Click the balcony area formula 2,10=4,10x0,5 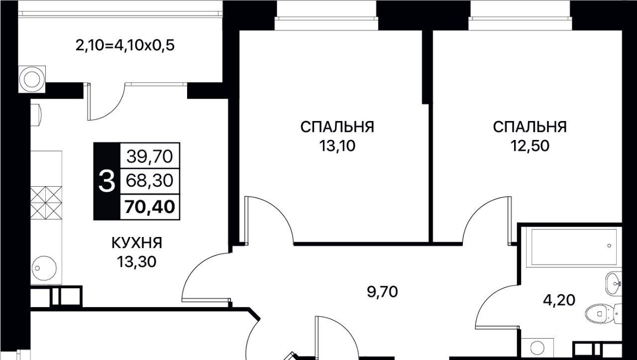pyautogui.click(x=125, y=45)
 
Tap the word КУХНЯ pyautogui.click(x=137, y=243)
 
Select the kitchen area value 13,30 pyautogui.click(x=137, y=262)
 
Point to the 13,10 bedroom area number pyautogui.click(x=337, y=146)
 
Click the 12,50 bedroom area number pyautogui.click(x=530, y=146)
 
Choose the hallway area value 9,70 pyautogui.click(x=383, y=292)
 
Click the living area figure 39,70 pyautogui.click(x=150, y=156)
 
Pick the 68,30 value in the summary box pyautogui.click(x=150, y=181)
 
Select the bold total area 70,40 pyautogui.click(x=150, y=207)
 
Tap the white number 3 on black pyautogui.click(x=106, y=181)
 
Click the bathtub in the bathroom pyautogui.click(x=572, y=247)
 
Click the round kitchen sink pyautogui.click(x=44, y=268)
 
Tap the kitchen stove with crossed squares pyautogui.click(x=46, y=203)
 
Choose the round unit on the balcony pyautogui.click(x=32, y=79)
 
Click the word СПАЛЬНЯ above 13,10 pyautogui.click(x=337, y=127)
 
